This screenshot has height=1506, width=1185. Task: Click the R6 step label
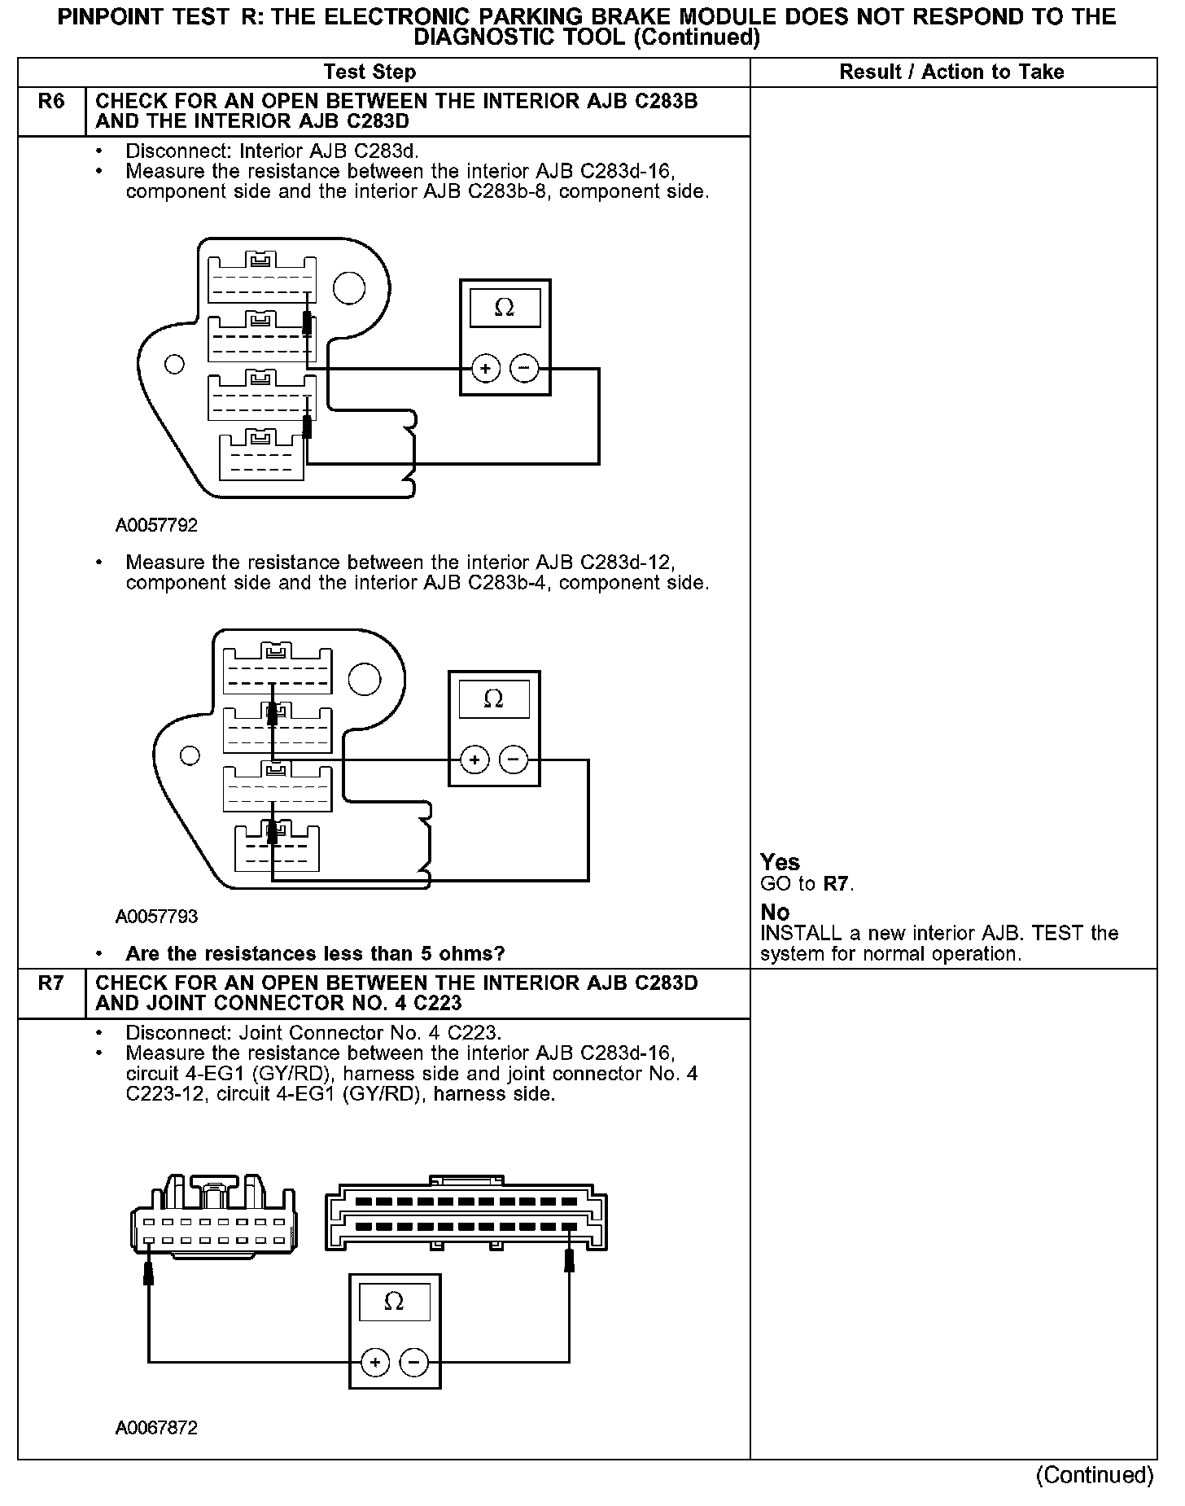tap(50, 103)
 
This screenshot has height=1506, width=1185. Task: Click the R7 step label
tap(50, 983)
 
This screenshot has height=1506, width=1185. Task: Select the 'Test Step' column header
tap(369, 72)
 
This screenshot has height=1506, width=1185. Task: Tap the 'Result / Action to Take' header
tap(951, 72)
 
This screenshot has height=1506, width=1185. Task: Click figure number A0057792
tap(156, 525)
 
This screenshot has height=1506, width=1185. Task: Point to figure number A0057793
tap(156, 917)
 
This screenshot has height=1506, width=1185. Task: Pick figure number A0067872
tap(156, 1428)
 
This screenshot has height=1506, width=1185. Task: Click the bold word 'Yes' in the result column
tap(780, 862)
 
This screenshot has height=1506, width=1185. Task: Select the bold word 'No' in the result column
tap(775, 912)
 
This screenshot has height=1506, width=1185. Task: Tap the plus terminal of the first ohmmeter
tap(486, 370)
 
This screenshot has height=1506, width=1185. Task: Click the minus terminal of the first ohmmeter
tap(524, 370)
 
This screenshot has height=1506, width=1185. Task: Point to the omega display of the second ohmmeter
tap(494, 699)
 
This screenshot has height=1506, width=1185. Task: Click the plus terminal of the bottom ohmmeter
tap(374, 1363)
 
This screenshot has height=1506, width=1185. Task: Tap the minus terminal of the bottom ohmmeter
tap(413, 1363)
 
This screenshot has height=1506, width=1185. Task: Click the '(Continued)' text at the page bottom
tap(1095, 1474)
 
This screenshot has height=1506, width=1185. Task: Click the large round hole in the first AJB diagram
tap(349, 288)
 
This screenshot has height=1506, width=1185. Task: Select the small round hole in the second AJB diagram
tap(190, 755)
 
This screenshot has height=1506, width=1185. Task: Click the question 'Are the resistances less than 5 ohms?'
tap(315, 953)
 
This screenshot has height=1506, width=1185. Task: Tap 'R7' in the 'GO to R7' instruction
tap(837, 884)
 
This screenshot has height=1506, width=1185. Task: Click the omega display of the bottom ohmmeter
tap(394, 1302)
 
